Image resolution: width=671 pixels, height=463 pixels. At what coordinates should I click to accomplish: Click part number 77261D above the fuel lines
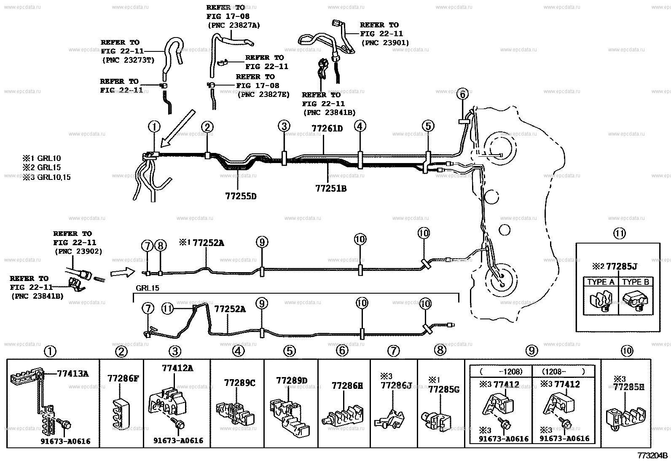click(x=327, y=128)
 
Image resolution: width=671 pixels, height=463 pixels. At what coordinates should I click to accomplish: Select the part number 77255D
click(x=241, y=196)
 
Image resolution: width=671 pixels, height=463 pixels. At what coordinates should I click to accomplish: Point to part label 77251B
click(x=331, y=188)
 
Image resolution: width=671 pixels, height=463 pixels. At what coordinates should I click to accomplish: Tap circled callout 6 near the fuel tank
click(x=462, y=95)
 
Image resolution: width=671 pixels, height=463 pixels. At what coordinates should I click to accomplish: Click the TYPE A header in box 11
click(x=601, y=282)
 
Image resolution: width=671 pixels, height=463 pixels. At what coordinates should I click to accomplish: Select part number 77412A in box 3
click(x=177, y=368)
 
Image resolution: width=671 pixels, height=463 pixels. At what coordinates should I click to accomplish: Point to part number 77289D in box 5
click(x=292, y=380)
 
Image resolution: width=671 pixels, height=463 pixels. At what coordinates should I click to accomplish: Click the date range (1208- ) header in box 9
click(x=563, y=371)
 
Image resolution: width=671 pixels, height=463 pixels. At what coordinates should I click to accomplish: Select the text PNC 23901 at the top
click(x=385, y=43)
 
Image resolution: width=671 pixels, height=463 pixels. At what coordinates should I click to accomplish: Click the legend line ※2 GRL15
click(x=42, y=167)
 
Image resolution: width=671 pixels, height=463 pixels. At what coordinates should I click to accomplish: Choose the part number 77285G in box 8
click(x=443, y=389)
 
